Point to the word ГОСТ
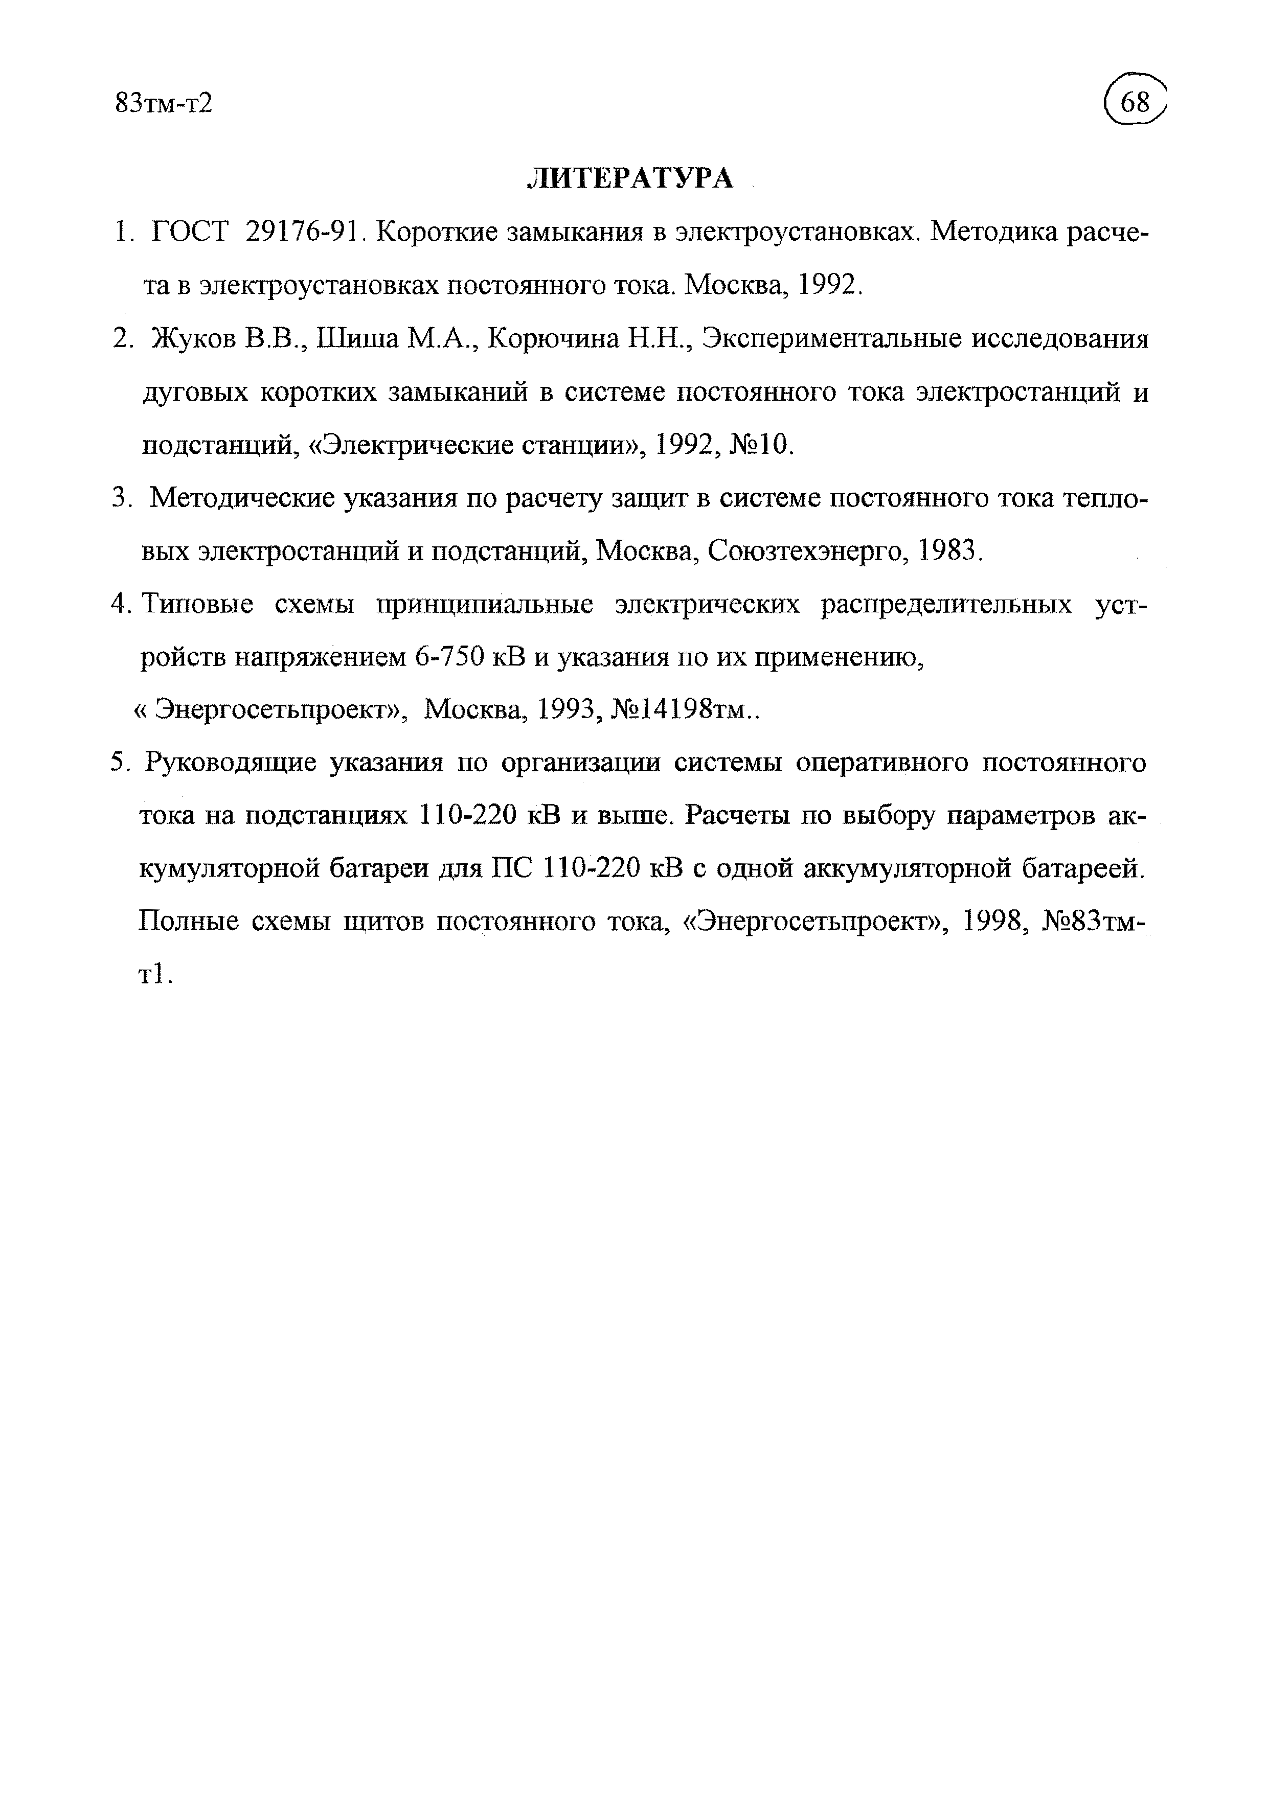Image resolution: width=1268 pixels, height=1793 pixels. click(x=190, y=232)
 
